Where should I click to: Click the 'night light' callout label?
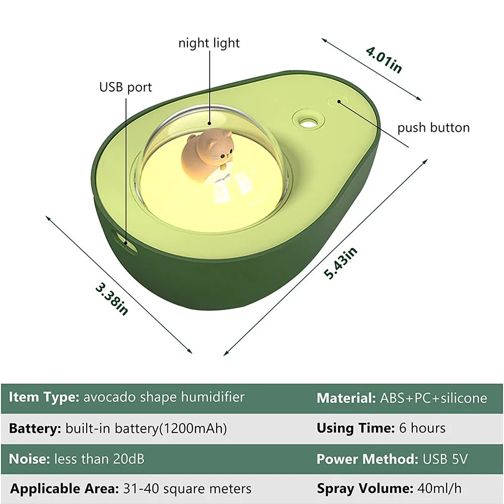(x=209, y=43)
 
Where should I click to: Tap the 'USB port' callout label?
(x=125, y=87)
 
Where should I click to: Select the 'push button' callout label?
(x=433, y=128)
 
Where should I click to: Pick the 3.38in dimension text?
(x=112, y=299)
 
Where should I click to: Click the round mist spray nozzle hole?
(x=305, y=119)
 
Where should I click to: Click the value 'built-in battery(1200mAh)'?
(x=146, y=428)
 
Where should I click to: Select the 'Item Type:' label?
(x=43, y=397)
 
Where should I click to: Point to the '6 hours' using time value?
(x=422, y=428)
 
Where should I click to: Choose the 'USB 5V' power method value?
(x=445, y=459)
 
